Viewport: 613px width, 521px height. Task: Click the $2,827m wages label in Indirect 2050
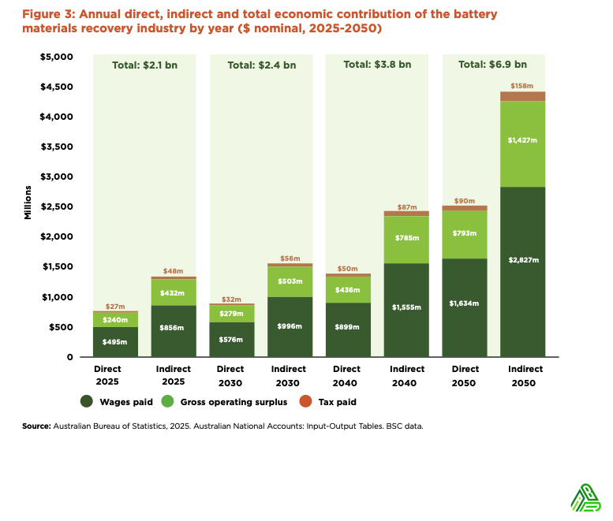pos(523,260)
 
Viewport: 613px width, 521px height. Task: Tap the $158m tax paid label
pos(523,85)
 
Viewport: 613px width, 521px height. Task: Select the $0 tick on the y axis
pos(69,357)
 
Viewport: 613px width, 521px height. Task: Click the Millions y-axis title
pos(28,202)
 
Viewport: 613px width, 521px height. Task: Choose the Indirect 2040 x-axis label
pos(406,375)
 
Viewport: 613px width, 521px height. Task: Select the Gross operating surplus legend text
pos(234,402)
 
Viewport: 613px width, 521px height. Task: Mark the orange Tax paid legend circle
pos(306,402)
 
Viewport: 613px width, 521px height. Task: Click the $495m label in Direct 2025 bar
pos(114,342)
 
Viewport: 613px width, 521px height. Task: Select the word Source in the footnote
pos(36,426)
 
